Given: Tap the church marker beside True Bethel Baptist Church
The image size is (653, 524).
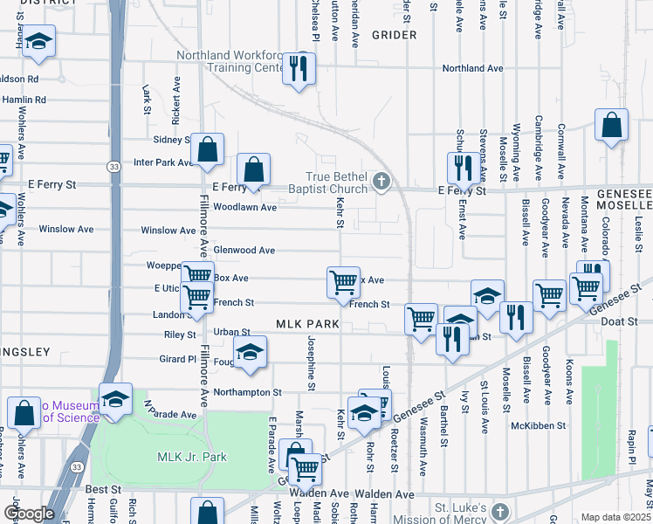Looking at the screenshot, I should coord(380,183).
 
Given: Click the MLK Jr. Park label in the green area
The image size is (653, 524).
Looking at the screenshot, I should coord(191,457).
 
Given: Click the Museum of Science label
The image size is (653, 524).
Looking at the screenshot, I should coord(72,412).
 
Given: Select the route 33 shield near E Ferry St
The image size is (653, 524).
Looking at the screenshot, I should coord(113,166).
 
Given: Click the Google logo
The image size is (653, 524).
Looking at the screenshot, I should coord(29,514).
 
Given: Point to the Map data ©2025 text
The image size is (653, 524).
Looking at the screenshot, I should coord(616,517).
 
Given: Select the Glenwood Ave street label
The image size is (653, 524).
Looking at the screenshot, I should coord(244,250).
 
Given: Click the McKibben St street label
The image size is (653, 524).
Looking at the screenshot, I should coord(540,425).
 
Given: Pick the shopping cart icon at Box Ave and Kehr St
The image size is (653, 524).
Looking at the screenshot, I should coord(344,281).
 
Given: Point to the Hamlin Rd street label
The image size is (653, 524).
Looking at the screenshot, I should coord(24,100).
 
